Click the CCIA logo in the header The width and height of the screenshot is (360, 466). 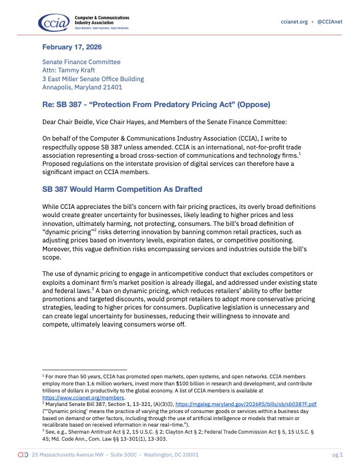tap(54, 22)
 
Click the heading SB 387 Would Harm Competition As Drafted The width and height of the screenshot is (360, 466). tap(122, 189)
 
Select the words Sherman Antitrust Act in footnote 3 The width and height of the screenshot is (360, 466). tap(91, 431)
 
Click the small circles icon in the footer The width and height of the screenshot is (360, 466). tap(24, 455)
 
